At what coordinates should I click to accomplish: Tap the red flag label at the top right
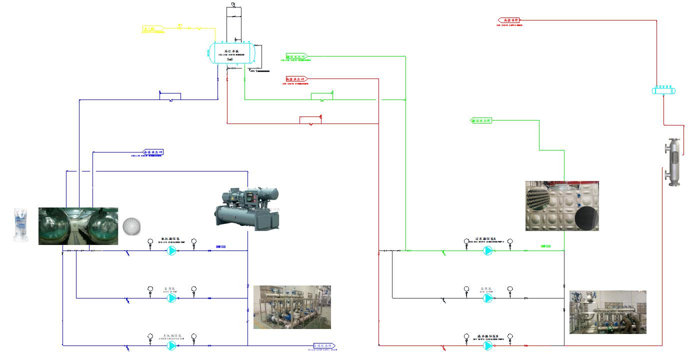[509, 20]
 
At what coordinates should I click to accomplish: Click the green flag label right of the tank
[296, 56]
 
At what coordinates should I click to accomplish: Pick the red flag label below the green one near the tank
[296, 79]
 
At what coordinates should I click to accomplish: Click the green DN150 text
[545, 246]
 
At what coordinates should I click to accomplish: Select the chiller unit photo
[247, 208]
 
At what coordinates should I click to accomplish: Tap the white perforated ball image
[131, 226]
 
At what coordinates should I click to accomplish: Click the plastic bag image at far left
[20, 226]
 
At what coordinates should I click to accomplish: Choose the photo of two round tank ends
[78, 226]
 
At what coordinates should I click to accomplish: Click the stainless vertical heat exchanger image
[673, 162]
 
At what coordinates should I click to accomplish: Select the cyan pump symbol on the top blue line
[171, 251]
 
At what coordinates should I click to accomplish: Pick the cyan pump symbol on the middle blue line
[171, 298]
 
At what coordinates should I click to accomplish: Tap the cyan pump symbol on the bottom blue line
[171, 345]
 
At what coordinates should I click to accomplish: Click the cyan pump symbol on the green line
[487, 251]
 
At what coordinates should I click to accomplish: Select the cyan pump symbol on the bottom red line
[487, 345]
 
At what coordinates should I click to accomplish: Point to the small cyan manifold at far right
[664, 90]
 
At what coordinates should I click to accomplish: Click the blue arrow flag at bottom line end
[322, 345]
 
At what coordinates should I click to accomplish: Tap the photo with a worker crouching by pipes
[608, 312]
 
